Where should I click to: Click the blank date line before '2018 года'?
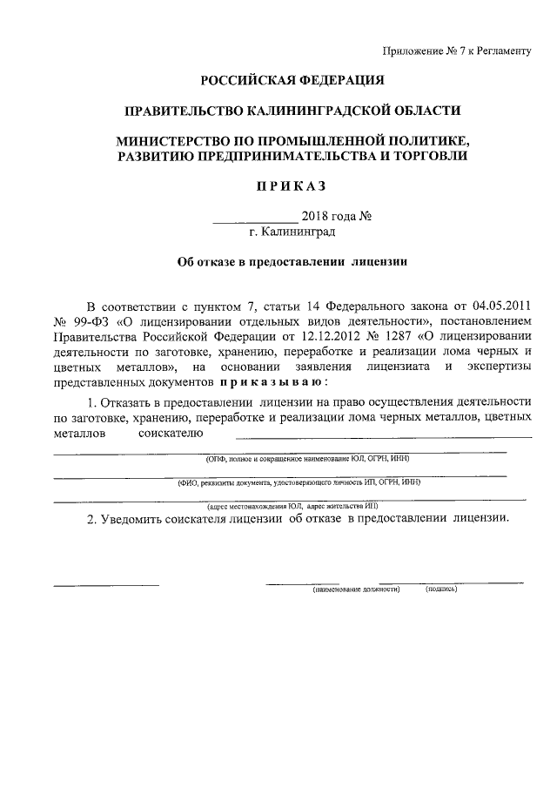pos(255,216)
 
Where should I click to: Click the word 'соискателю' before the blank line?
pos(171,433)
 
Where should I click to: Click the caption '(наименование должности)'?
pos(356,589)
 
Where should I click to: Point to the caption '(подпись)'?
pos(442,589)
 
